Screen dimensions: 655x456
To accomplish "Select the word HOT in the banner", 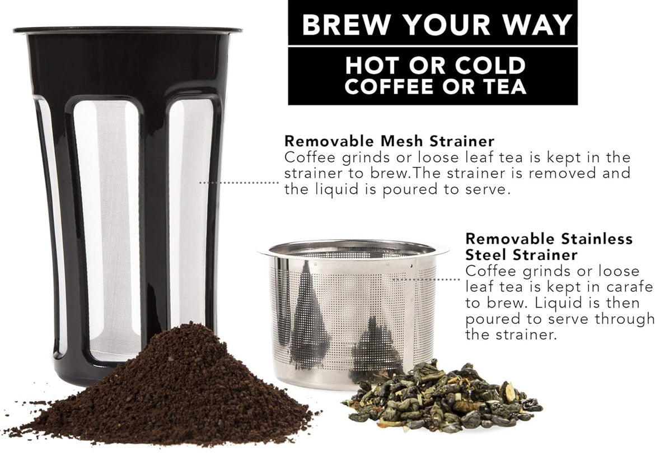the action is point(373,66).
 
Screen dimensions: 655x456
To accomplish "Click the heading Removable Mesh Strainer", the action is point(389,141).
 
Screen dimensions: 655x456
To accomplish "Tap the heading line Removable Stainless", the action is point(549,239).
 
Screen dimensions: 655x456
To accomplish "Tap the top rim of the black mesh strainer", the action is point(128,30).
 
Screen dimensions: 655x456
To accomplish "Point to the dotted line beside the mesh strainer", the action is point(239,183).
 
